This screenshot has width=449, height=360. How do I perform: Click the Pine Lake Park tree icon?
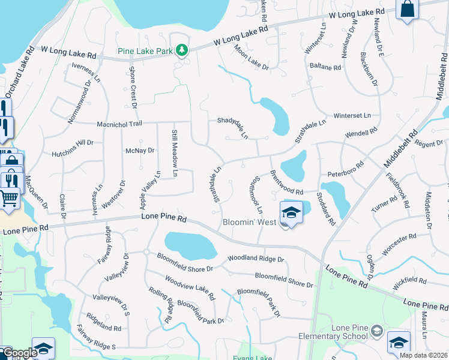click(181, 50)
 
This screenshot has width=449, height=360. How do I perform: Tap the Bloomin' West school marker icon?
click(291, 212)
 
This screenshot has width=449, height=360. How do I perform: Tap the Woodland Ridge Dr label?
click(255, 259)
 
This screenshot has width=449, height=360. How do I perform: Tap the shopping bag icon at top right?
click(408, 9)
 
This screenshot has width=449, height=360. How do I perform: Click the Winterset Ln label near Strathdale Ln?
click(352, 115)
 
